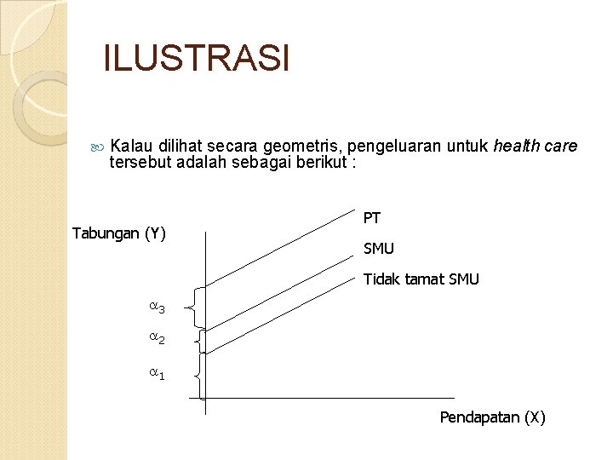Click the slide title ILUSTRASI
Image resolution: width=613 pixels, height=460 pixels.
click(197, 59)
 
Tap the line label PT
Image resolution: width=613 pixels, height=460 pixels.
click(372, 218)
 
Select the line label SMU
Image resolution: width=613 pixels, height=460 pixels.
click(379, 250)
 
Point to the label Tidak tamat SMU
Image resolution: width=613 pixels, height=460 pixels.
click(421, 279)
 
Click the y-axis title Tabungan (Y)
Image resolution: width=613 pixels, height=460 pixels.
click(119, 233)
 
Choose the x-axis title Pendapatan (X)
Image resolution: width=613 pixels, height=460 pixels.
click(492, 417)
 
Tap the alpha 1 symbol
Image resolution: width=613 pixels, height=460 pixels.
click(157, 374)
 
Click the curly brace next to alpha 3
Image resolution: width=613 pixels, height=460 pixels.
click(198, 308)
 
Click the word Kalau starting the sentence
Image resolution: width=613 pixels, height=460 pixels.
click(130, 147)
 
